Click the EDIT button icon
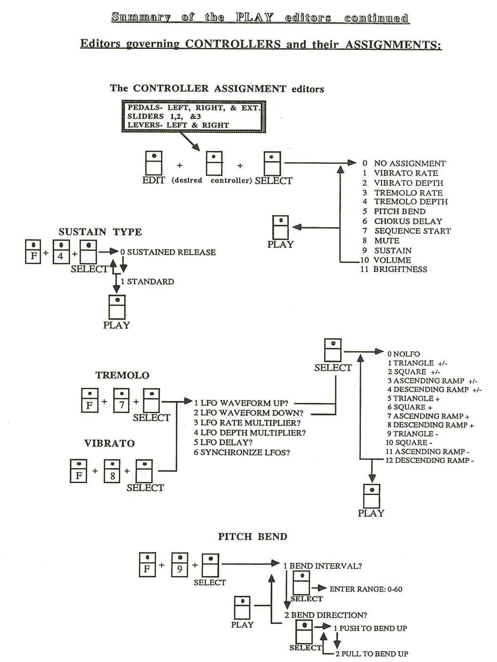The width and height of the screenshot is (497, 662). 154,163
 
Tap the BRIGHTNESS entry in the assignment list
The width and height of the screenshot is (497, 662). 394,269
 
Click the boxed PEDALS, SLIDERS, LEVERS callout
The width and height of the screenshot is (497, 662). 194,116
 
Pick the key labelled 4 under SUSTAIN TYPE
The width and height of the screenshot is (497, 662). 61,252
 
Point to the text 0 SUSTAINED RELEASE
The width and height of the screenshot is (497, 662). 168,252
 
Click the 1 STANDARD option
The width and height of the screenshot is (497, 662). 147,281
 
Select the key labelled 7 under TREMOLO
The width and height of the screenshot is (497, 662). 121,400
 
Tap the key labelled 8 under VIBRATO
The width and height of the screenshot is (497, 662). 112,471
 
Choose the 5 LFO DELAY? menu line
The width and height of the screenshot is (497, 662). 223,442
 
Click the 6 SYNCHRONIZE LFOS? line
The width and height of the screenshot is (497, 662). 242,452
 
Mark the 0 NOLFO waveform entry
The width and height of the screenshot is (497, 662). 404,354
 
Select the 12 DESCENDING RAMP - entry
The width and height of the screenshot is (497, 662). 430,460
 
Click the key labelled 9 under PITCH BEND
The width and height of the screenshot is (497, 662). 179,565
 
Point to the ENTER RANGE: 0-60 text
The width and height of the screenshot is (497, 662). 366,589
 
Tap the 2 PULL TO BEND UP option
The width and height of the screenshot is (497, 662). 372,654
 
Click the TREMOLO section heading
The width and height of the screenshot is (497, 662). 122,375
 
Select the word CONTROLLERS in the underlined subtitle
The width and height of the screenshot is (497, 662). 233,44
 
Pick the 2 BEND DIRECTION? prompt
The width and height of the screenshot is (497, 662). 326,615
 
